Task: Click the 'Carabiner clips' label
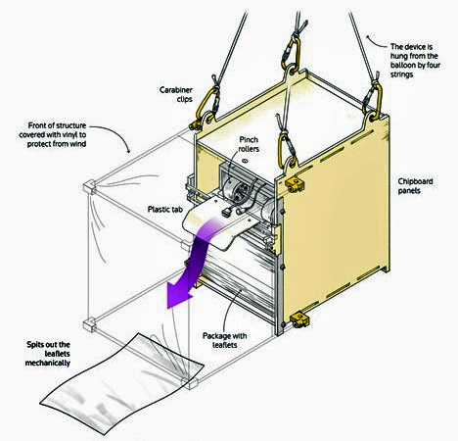(176, 94)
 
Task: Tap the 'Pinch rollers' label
(249, 144)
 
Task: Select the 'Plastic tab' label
(165, 209)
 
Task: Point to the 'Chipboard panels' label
(415, 186)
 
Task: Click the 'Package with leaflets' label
(224, 340)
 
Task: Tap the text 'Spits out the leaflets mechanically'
(48, 354)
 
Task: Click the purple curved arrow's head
(179, 295)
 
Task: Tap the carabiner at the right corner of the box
(374, 99)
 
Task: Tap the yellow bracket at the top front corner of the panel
(295, 185)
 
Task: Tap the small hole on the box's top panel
(245, 161)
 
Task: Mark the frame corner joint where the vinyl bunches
(89, 188)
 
